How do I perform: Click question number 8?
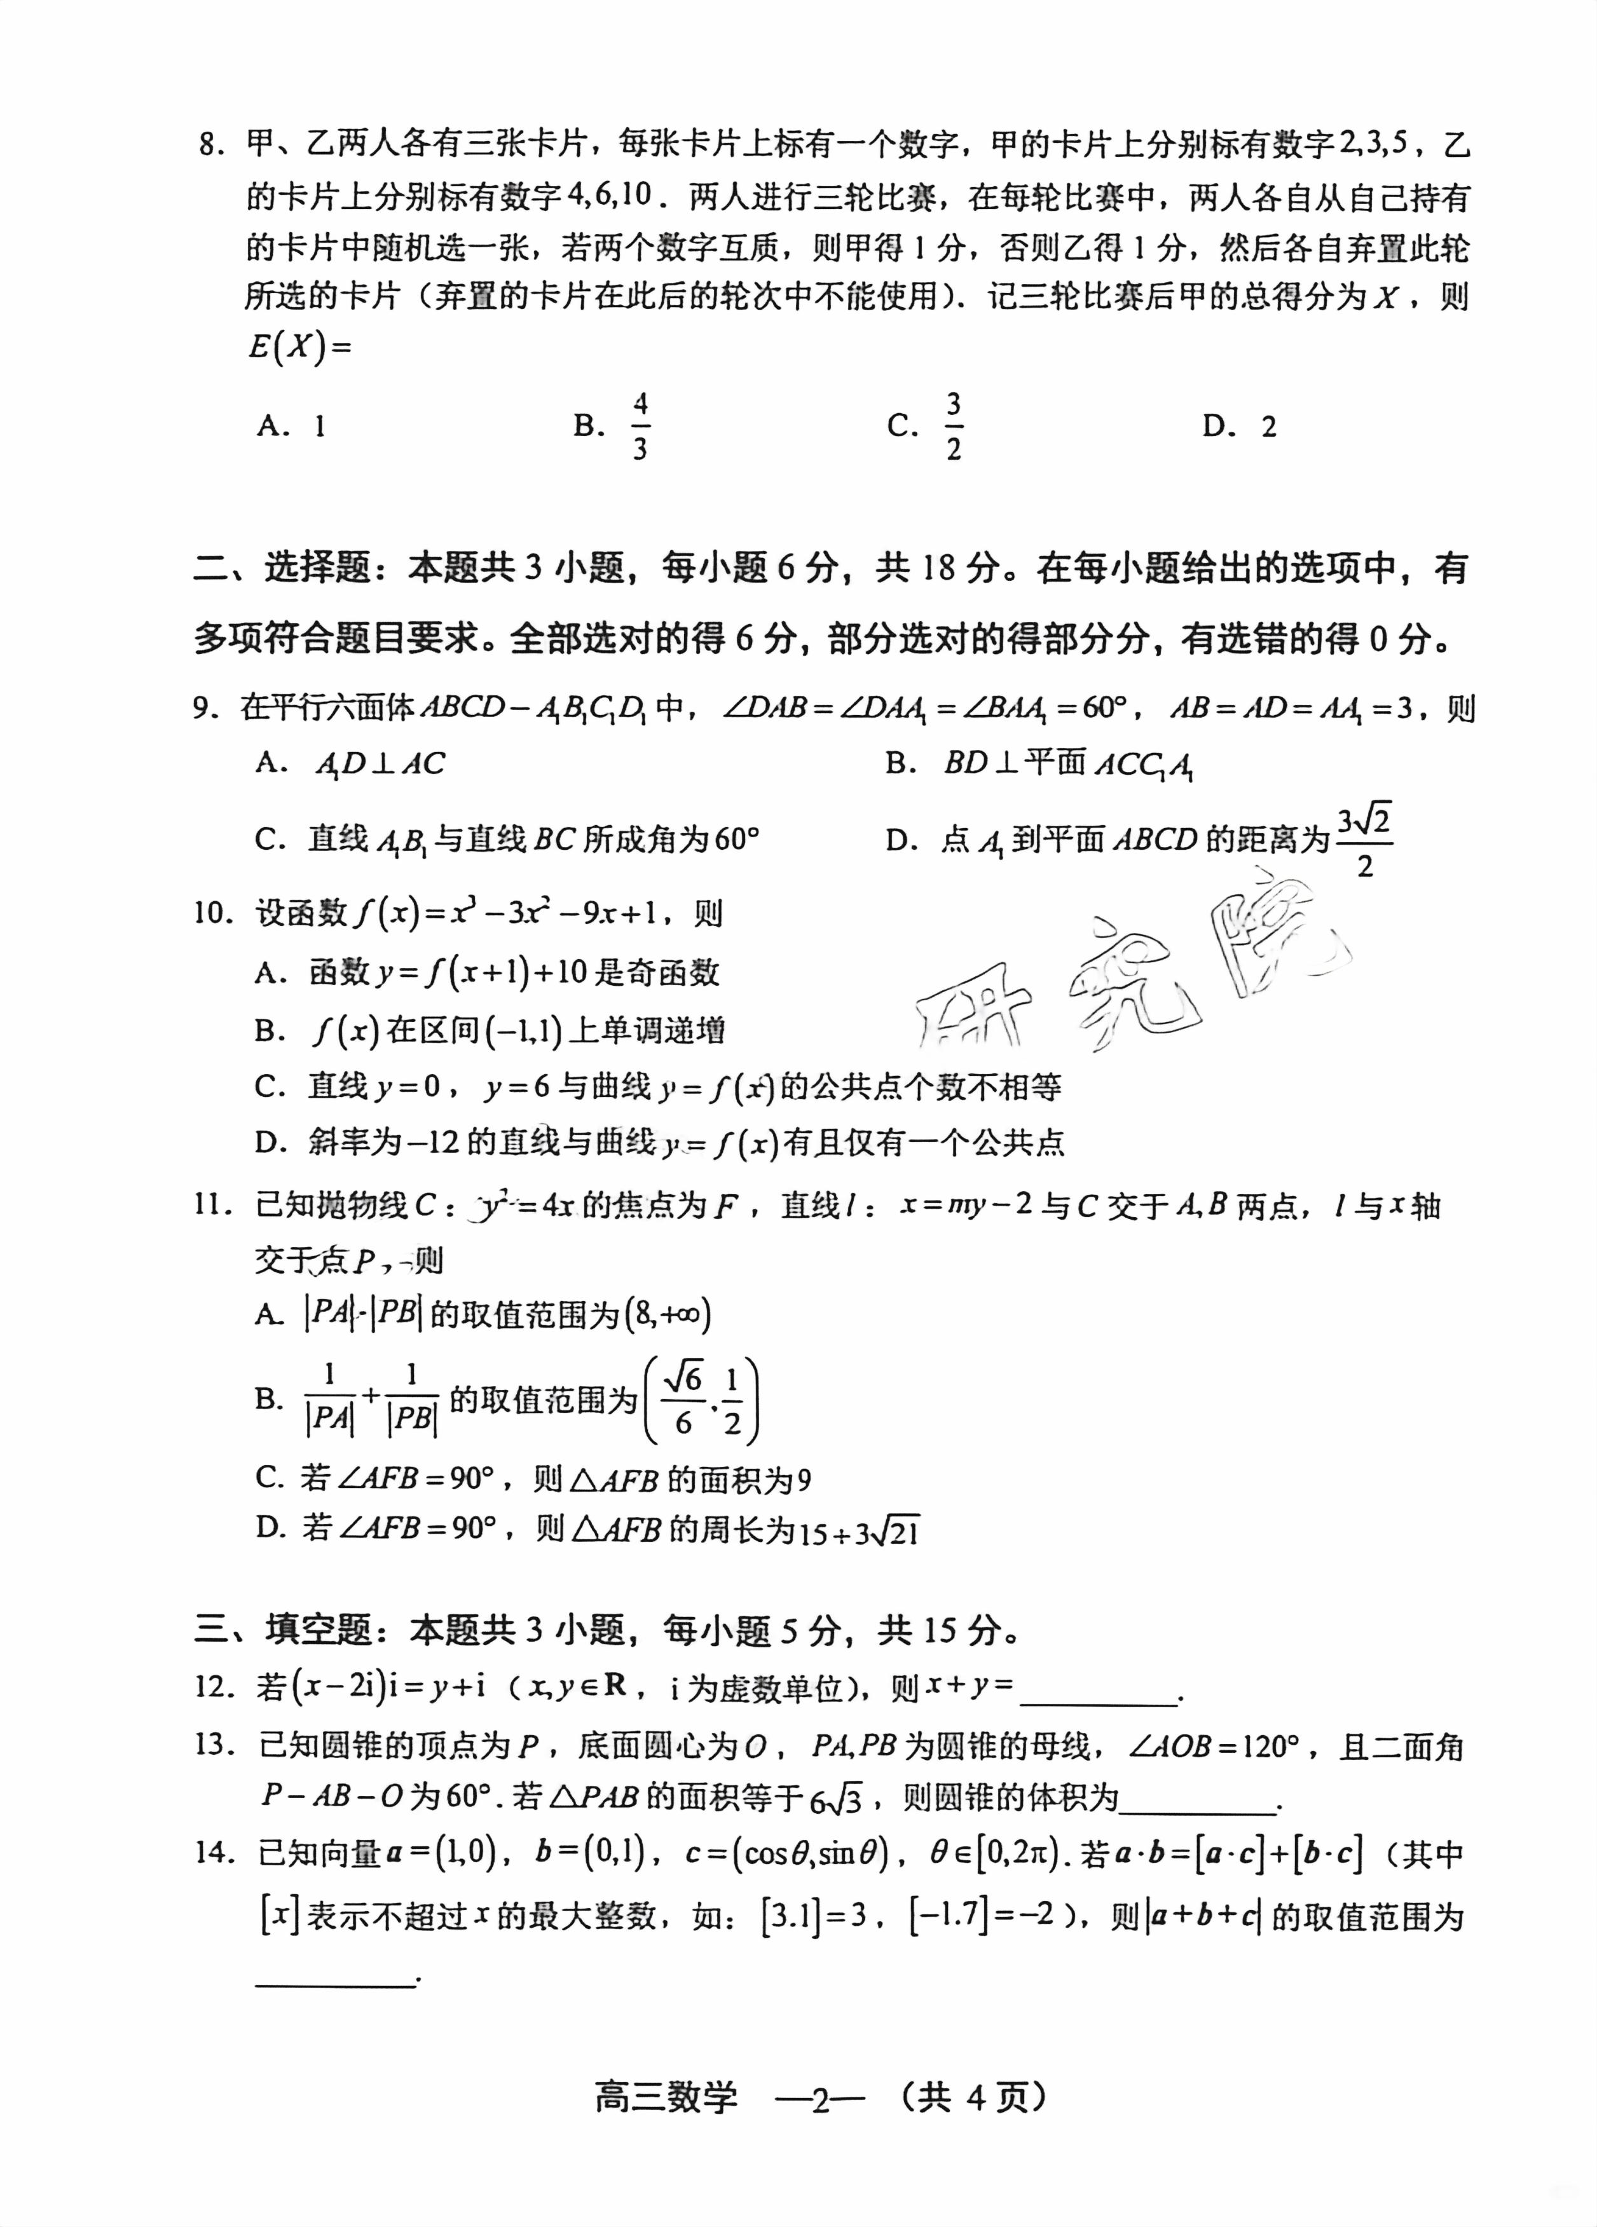click(210, 146)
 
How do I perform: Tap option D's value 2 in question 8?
click(1268, 427)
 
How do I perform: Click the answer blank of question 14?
click(335, 1982)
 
